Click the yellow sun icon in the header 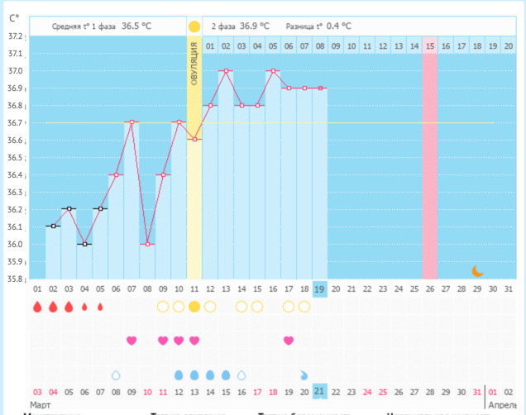pos(194,26)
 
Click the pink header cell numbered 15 pos(430,46)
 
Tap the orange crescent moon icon pos(477,270)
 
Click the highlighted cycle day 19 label pos(320,289)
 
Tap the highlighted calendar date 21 pos(320,391)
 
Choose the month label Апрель pos(504,405)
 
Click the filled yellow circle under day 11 pos(194,307)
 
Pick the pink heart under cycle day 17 pos(289,341)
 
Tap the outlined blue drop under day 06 pos(116,375)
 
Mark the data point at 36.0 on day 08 pos(147,244)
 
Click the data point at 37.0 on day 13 pos(226,71)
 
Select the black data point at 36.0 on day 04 pos(84,244)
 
